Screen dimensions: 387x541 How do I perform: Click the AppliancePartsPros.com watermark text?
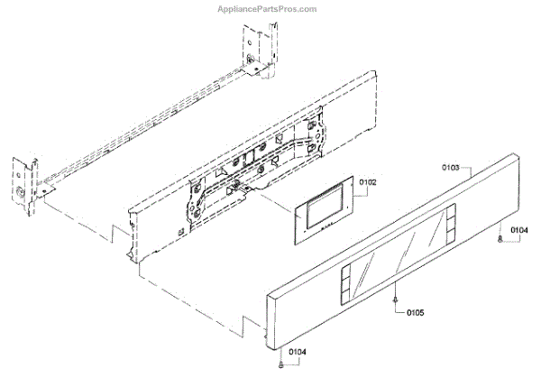[x=268, y=9]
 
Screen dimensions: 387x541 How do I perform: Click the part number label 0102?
[x=368, y=182]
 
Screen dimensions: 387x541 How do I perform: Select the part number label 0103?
[x=451, y=169]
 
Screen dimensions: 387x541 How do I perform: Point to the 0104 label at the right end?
[x=518, y=232]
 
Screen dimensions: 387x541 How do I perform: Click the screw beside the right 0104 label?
[x=499, y=241]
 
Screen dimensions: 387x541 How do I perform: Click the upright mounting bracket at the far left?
[x=24, y=185]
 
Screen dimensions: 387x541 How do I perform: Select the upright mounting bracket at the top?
[x=253, y=50]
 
